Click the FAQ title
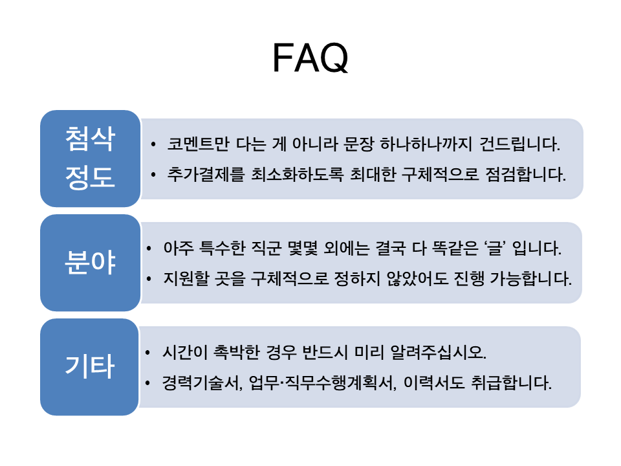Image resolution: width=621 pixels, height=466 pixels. point(310,58)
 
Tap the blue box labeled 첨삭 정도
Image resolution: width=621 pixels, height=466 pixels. point(91,159)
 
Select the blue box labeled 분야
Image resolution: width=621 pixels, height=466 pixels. point(91,263)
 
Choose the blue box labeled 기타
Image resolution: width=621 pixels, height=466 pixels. point(89,367)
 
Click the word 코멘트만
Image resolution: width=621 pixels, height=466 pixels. point(198,144)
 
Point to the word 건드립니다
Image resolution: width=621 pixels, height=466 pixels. point(519,144)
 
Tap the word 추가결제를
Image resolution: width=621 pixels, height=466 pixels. point(206,174)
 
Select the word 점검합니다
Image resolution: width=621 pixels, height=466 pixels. point(525,174)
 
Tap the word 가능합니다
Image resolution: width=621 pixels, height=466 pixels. point(531,278)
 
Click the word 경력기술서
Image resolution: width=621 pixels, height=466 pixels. point(202,383)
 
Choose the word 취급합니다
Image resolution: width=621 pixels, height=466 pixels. point(511,383)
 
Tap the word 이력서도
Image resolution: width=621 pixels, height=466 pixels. point(434,383)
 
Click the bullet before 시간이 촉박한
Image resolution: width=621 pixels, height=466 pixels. point(147,352)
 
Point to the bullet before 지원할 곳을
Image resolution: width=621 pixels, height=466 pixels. point(149,279)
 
